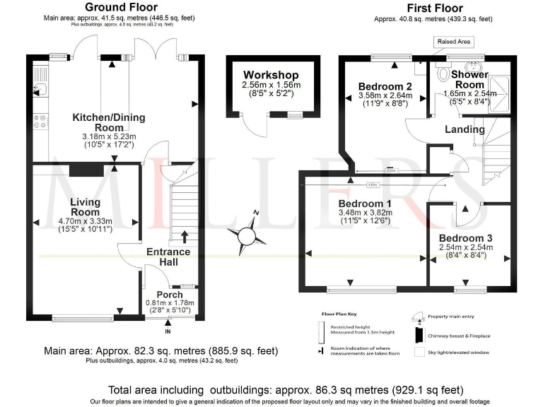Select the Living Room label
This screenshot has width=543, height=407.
pyautogui.click(x=85, y=207)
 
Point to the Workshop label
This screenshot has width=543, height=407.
pyautogui.click(x=271, y=75)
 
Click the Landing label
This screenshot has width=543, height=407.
pyautogui.click(x=465, y=129)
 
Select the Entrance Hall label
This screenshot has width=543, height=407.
pyautogui.click(x=168, y=257)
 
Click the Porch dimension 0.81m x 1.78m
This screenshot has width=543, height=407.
pyautogui.click(x=170, y=303)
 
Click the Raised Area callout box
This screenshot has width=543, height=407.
pyautogui.click(x=454, y=42)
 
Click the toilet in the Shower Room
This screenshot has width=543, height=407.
pyautogui.click(x=444, y=73)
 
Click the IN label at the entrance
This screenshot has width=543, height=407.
pyautogui.click(x=168, y=331)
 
